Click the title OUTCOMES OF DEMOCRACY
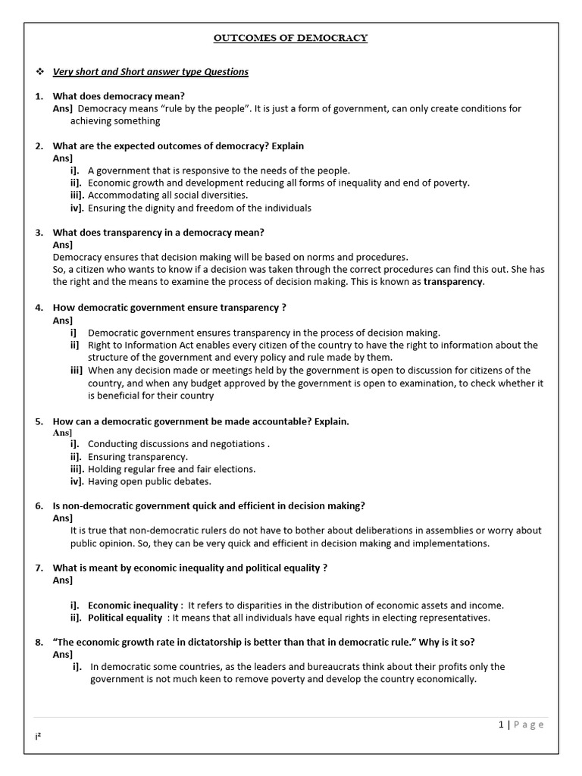[291, 38]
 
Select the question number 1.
[39, 96]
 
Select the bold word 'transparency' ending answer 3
[452, 282]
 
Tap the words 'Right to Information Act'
[143, 345]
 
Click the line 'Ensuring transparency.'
[137, 457]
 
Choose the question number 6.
[39, 506]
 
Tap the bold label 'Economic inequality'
[133, 605]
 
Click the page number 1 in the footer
[501, 724]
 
